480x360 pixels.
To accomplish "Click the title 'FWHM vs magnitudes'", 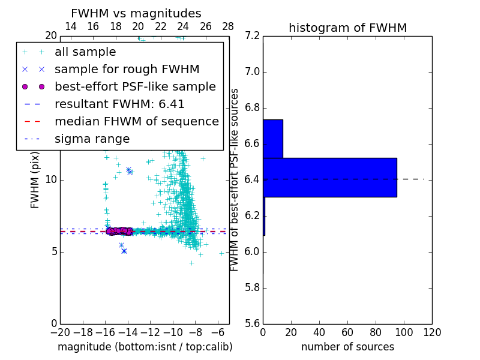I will click(136, 13).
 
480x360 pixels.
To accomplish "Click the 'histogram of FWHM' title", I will click(347, 28).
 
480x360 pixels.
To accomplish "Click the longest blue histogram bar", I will click(329, 177).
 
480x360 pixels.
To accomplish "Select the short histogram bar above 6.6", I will click(272, 139).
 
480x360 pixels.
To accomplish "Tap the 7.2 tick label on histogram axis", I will click(253, 36).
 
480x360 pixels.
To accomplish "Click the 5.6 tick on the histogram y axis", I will click(253, 323).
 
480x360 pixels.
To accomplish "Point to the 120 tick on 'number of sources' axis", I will click(432, 332).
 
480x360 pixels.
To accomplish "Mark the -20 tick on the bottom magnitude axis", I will click(60, 332).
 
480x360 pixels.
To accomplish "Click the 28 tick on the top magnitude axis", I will click(229, 26).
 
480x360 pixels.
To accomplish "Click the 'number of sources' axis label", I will click(347, 347).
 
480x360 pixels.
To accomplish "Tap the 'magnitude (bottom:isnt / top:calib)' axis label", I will click(145, 347).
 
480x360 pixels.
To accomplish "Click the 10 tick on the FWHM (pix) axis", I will click(52, 179).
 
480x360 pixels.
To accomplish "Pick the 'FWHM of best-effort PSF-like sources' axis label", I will click(235, 179).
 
